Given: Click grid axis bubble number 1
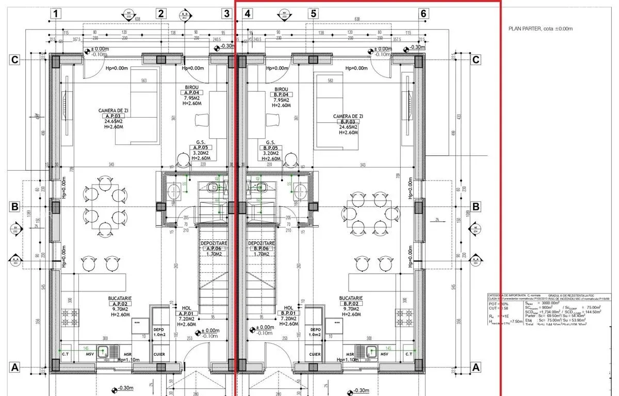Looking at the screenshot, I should [56, 14].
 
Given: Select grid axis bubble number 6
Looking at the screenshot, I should [423, 14].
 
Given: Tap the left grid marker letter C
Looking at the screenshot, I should [15, 60].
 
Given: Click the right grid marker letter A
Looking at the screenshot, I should [476, 367].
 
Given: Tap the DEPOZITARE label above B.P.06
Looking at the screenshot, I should [262, 243].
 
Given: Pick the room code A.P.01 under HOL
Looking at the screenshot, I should [186, 313].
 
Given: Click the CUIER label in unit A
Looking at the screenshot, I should [159, 354].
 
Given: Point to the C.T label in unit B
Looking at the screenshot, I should [409, 354].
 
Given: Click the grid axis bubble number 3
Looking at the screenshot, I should [227, 14].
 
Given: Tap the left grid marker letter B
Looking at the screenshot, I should [15, 207].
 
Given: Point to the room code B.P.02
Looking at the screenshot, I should [351, 304].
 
